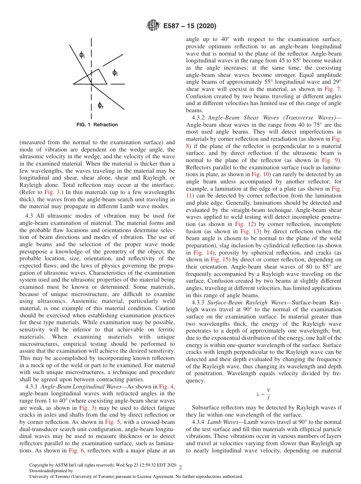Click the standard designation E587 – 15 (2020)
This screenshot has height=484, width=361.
tap(190, 26)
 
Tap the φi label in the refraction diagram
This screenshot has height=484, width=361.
tap(82, 56)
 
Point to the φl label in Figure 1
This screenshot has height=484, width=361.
tap(115, 73)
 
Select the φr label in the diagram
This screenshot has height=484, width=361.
tap(100, 105)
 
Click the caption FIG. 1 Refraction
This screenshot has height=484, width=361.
tap(97, 125)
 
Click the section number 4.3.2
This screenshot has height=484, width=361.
tap(199, 118)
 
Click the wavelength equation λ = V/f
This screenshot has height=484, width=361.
tap(264, 394)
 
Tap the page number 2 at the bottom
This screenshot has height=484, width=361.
tap(180, 466)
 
